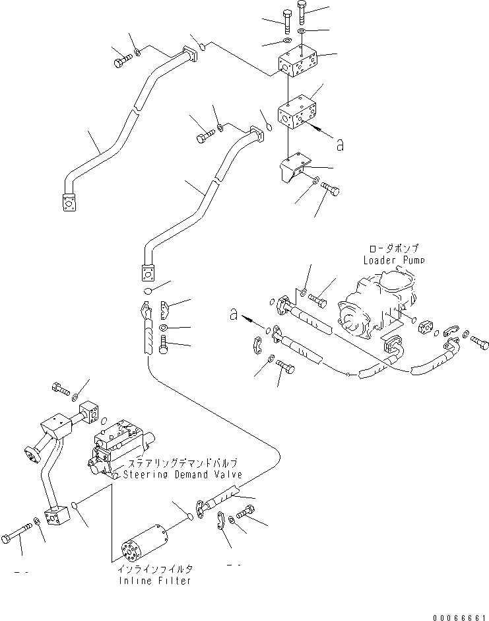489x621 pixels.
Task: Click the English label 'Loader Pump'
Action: [393, 260]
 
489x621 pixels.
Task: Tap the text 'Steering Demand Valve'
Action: [182, 474]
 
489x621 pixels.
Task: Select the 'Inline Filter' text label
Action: [156, 581]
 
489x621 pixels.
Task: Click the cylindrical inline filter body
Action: [144, 544]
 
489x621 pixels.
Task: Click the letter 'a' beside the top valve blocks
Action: [341, 145]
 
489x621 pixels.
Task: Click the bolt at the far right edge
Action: [479, 341]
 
